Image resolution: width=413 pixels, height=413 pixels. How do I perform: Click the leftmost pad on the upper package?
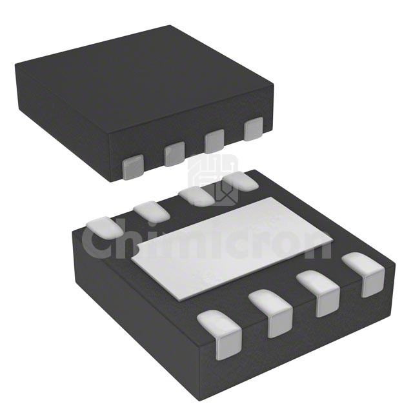pyautogui.click(x=134, y=167)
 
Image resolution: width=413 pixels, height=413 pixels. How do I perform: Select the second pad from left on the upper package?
pyautogui.click(x=174, y=154)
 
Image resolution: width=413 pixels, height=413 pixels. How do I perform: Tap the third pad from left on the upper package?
pyautogui.click(x=214, y=141)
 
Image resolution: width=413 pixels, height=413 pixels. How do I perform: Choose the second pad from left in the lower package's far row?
pyautogui.click(x=152, y=211)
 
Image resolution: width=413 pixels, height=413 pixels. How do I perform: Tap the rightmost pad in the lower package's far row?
pyautogui.click(x=239, y=181)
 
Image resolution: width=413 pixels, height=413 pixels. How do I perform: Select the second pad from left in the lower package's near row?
pyautogui.click(x=272, y=311)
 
